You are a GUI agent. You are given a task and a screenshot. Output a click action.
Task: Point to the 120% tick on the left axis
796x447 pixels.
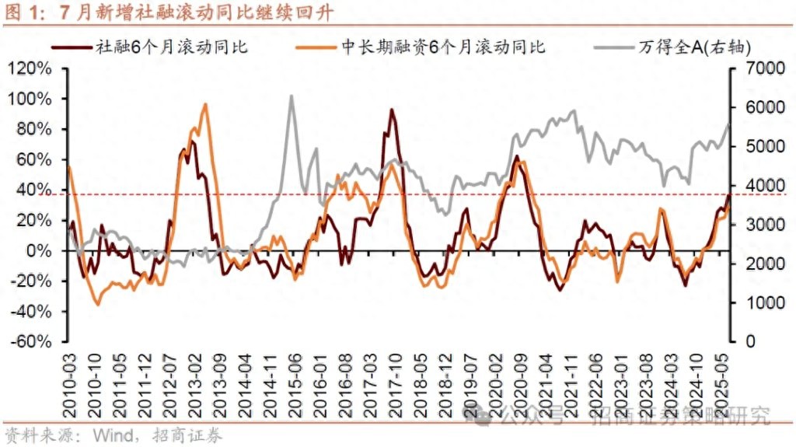pos(30,68)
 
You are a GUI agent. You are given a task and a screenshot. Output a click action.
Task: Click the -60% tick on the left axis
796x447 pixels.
pos(30,342)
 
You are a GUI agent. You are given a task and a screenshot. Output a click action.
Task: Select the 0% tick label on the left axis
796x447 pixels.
pos(38,251)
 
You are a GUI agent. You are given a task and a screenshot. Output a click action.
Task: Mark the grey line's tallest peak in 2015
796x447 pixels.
pos(291,96)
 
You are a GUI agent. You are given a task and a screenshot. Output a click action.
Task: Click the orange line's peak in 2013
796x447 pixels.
pos(205,104)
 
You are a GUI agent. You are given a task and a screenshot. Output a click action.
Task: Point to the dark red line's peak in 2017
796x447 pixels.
pos(392,110)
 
